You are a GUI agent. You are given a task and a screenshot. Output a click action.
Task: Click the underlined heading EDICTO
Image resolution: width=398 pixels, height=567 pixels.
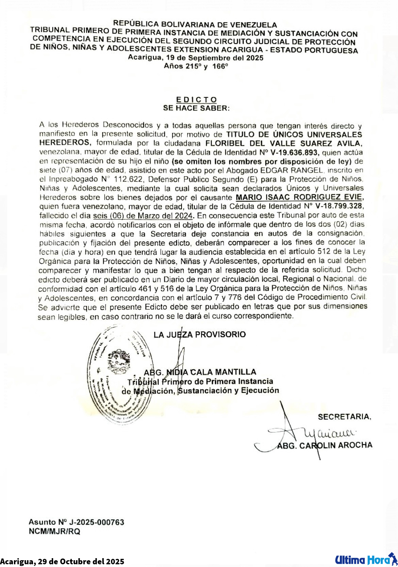point(196,100)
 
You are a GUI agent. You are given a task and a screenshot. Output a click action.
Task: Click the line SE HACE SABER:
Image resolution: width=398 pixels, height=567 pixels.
point(196,108)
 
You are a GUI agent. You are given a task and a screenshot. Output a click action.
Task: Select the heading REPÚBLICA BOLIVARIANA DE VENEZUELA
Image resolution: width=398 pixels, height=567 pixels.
point(195,24)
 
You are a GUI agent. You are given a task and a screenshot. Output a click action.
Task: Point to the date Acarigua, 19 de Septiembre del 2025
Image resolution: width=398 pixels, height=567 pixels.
point(196,58)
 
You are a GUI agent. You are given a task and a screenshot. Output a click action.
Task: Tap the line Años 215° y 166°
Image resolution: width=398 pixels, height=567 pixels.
point(196,66)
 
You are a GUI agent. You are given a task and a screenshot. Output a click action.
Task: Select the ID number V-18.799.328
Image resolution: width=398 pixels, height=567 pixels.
point(339,206)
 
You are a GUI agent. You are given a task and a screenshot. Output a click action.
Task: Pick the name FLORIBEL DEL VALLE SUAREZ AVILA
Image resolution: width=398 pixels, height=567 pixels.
point(284,143)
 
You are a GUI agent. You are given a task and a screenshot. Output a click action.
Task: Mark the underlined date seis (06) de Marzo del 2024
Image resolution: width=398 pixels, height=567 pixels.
point(143,216)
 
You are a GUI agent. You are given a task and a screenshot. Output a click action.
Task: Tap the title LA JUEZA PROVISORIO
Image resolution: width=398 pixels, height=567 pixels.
point(200,334)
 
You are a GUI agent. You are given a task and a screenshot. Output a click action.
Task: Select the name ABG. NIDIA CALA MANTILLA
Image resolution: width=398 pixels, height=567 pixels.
point(200,372)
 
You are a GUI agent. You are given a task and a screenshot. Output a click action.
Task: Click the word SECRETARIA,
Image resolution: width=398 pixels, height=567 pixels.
point(345,417)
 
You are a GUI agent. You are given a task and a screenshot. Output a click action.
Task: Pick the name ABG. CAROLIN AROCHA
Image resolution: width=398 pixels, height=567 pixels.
point(325,445)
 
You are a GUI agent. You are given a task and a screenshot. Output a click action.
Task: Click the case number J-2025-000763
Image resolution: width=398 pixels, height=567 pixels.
point(97,522)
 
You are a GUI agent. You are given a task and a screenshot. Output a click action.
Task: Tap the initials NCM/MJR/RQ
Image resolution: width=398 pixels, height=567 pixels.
point(54,531)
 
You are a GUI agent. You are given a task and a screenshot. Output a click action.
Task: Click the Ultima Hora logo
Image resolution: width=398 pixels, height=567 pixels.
point(366,560)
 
